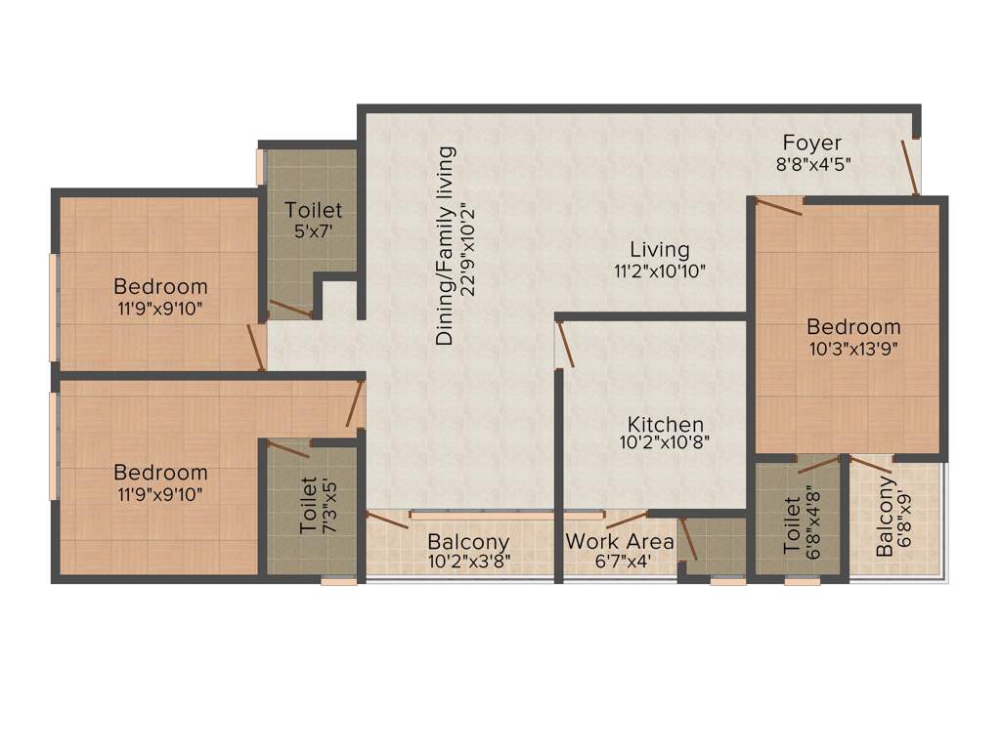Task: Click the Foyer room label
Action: (811, 144)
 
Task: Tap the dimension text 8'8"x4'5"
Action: (814, 164)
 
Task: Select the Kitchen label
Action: (666, 425)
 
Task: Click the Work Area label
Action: (620, 541)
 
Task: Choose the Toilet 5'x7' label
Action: (314, 210)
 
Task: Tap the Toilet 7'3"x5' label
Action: (309, 506)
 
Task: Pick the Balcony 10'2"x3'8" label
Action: (469, 542)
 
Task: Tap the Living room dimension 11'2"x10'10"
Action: (659, 271)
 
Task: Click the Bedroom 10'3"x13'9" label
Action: (853, 327)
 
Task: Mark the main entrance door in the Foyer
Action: (910, 167)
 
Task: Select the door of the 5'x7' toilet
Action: (290, 309)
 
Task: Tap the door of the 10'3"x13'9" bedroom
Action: (779, 203)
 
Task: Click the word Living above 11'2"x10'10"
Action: (659, 250)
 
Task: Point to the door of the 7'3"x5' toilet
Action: (287, 449)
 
